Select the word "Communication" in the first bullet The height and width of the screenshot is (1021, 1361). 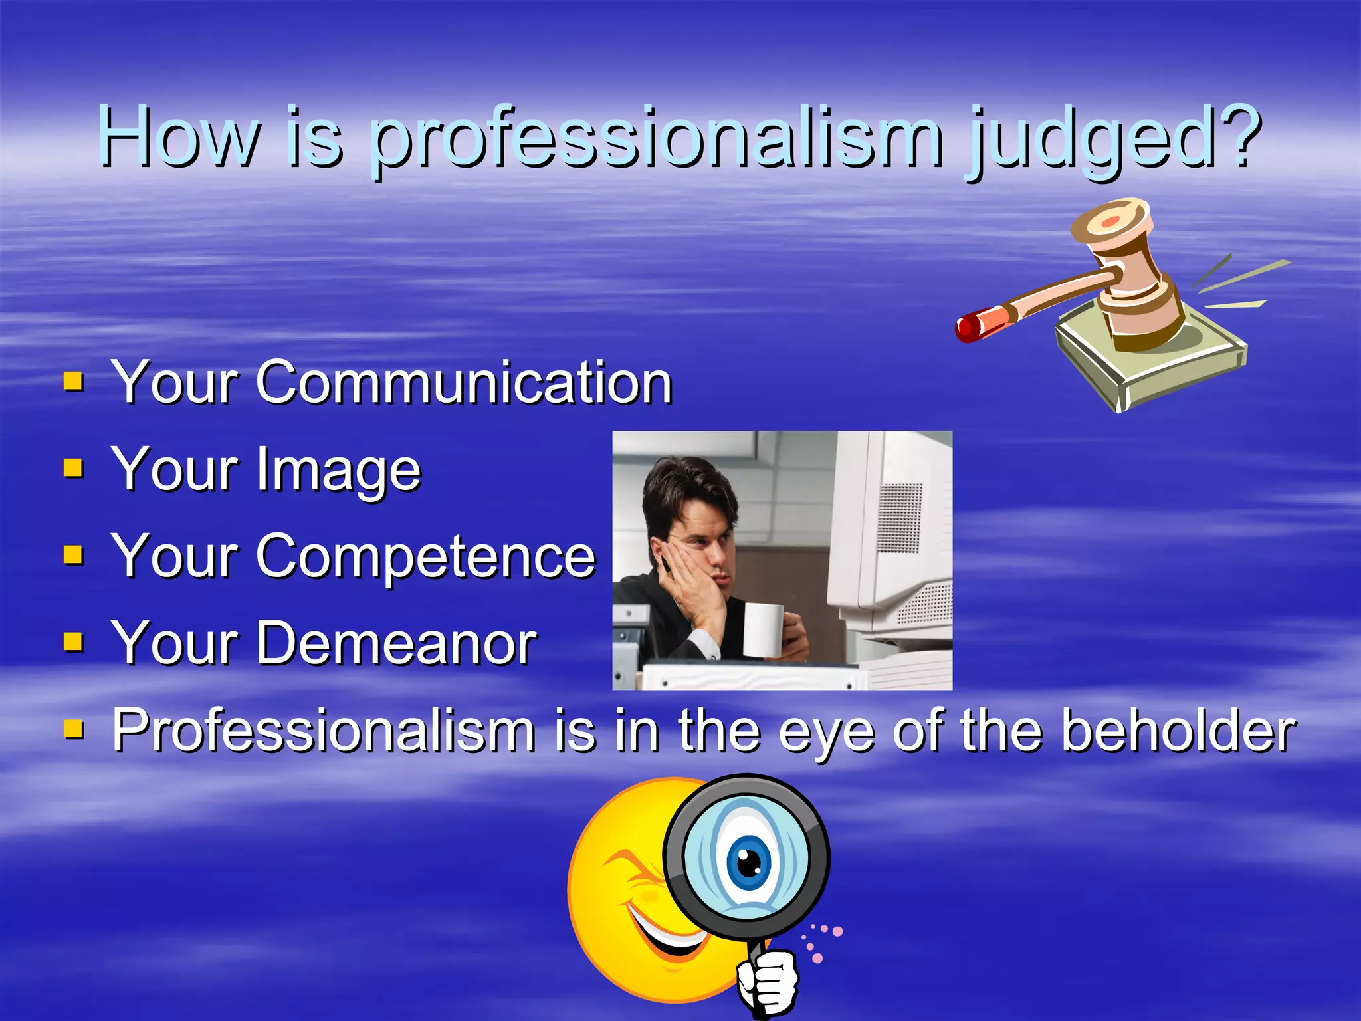(x=464, y=383)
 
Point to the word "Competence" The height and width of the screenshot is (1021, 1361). (x=425, y=557)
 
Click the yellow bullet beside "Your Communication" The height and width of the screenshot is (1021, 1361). (x=73, y=382)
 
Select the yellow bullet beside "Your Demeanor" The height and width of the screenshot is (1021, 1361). (x=73, y=642)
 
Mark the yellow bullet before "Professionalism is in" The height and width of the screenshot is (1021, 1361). (x=73, y=730)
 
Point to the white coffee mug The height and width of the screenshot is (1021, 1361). (x=764, y=629)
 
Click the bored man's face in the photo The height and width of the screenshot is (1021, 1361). (x=698, y=545)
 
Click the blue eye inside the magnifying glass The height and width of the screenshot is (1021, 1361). (x=750, y=862)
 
